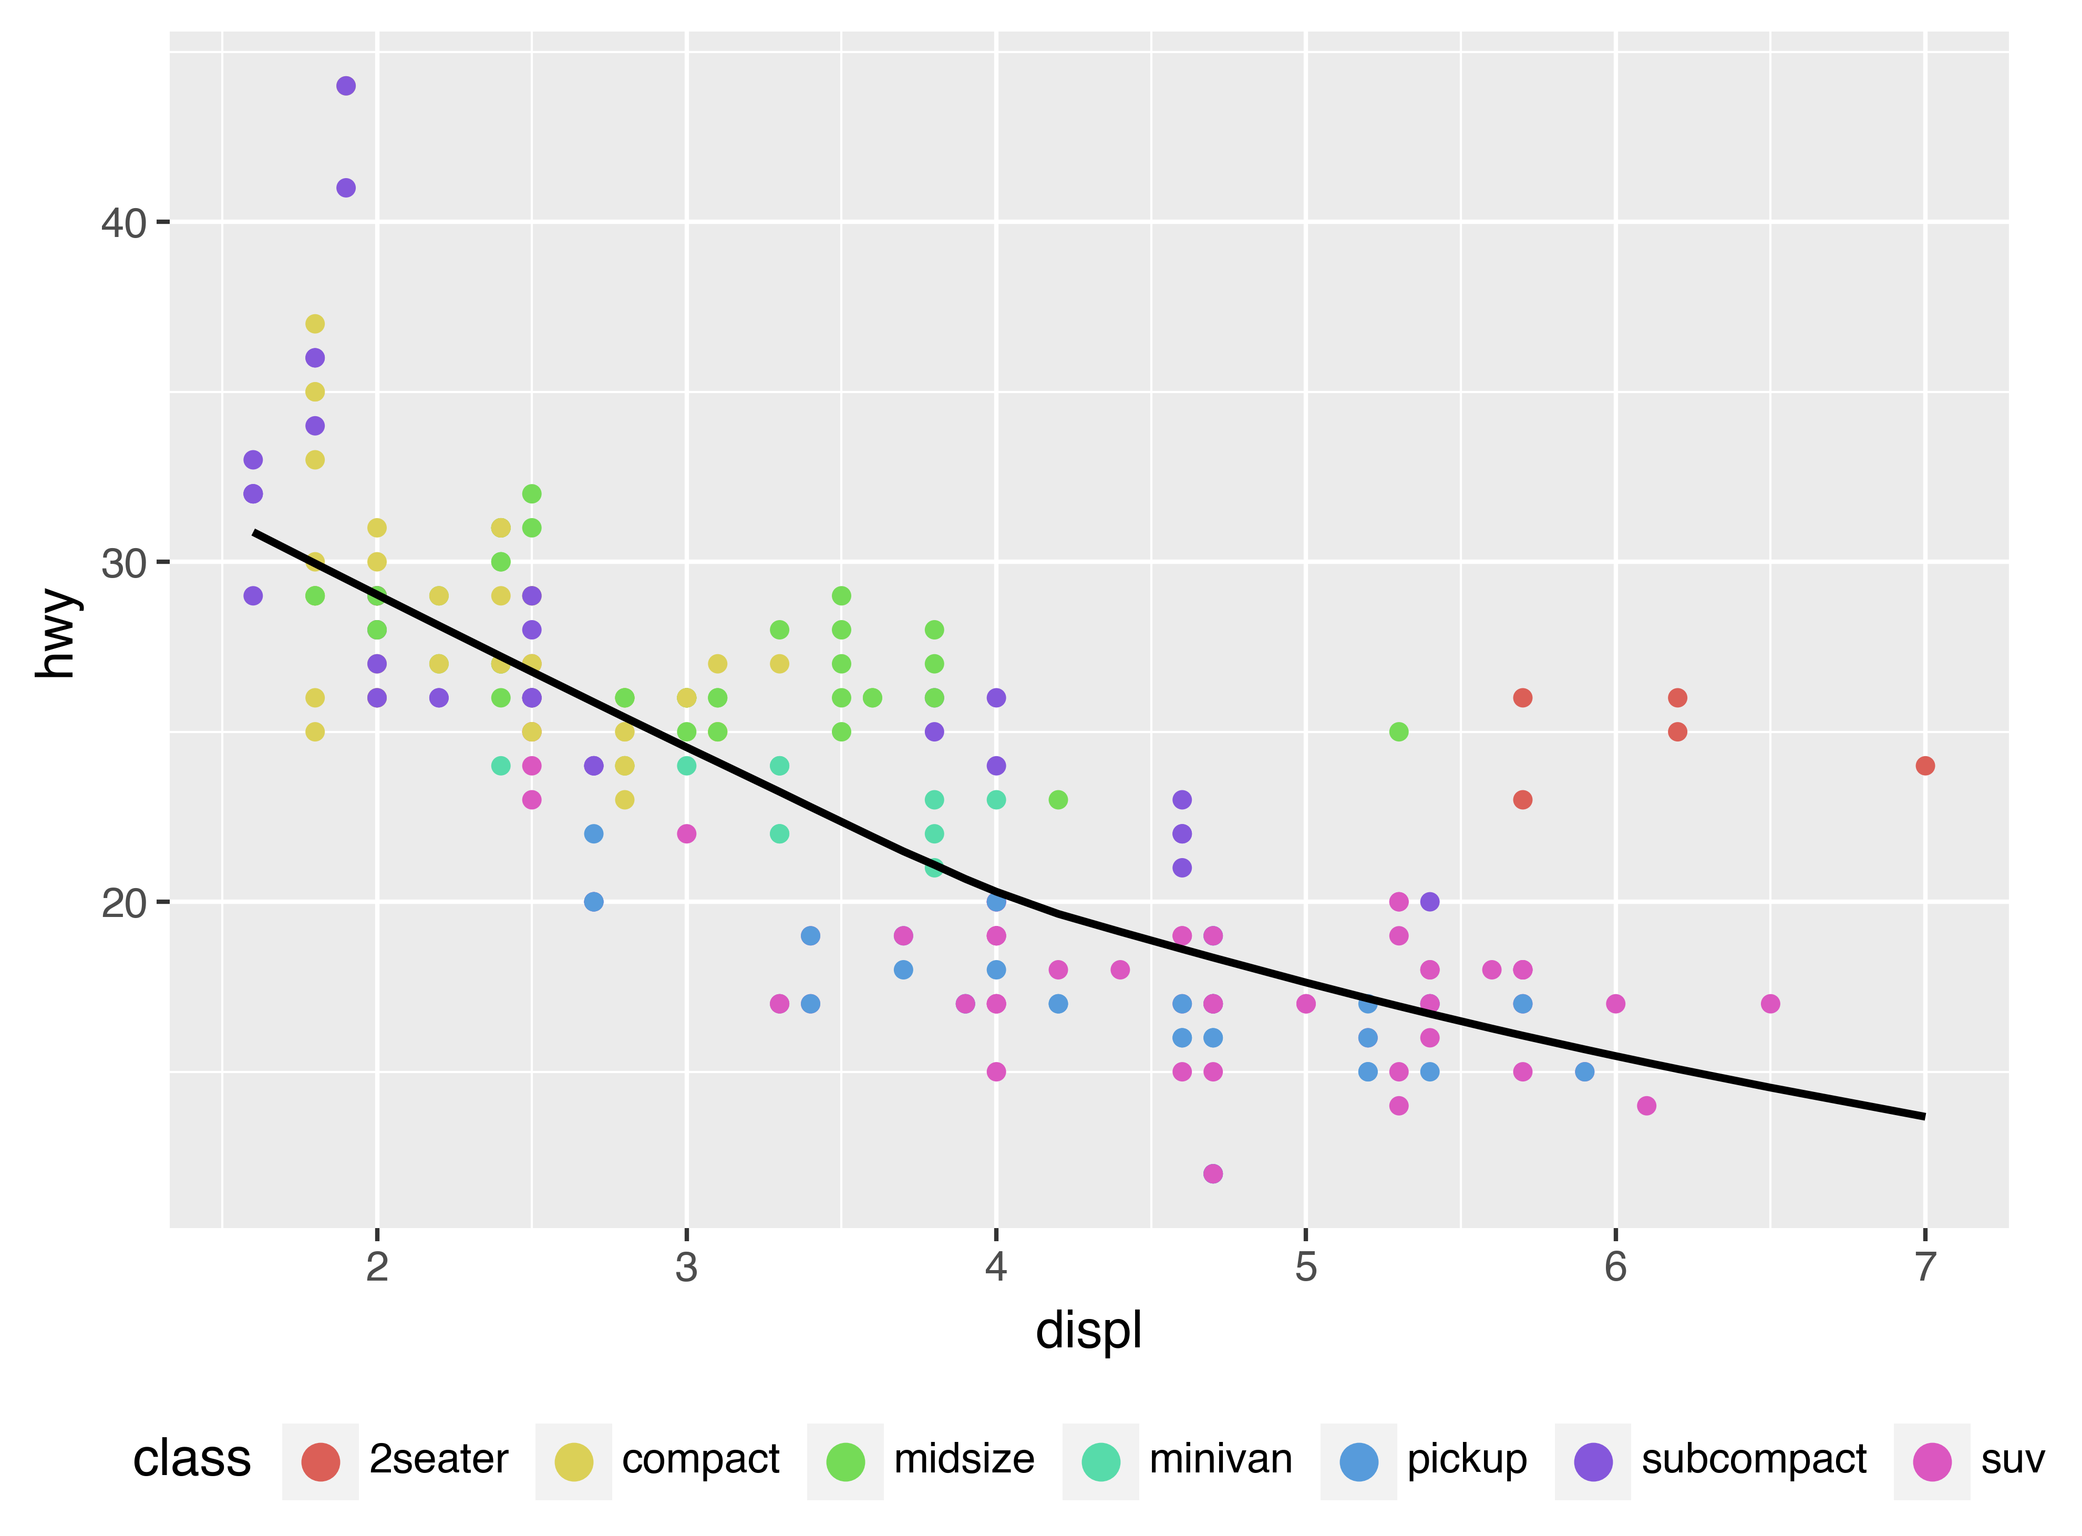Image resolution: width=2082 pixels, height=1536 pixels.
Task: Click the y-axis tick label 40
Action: coord(123,224)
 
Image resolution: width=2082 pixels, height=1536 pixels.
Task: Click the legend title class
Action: coord(192,1459)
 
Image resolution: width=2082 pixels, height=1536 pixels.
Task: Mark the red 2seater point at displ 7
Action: coord(1925,766)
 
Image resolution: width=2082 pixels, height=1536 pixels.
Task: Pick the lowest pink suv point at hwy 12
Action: coord(1212,1174)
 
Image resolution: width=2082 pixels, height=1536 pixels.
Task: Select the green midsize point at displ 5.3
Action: coord(1398,733)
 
